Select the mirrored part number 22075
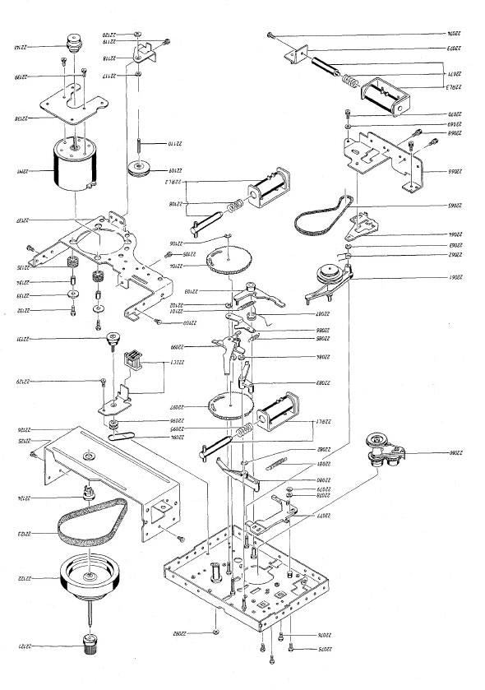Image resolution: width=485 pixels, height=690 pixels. click(306, 650)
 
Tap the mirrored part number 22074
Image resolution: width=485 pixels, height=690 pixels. click(445, 34)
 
